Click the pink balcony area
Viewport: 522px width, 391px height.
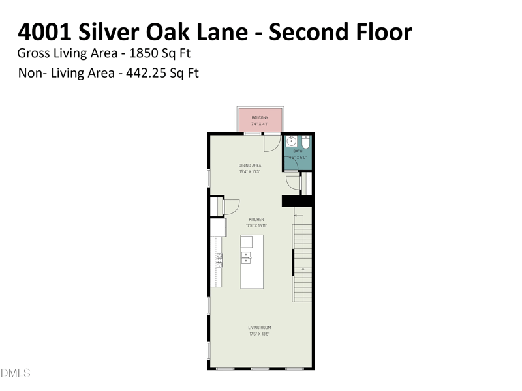260,121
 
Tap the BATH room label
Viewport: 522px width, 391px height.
298,151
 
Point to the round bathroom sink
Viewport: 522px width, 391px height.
292,140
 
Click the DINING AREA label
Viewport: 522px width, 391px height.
250,166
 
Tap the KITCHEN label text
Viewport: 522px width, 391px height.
256,220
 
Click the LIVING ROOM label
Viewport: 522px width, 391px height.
259,328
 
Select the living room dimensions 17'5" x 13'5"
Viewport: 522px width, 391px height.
259,334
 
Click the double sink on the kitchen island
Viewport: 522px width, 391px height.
246,257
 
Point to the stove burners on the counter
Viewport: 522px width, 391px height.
219,261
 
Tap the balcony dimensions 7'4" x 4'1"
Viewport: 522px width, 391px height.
260,124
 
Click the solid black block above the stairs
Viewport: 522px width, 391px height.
297,201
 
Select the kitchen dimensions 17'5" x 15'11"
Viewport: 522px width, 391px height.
256,226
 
